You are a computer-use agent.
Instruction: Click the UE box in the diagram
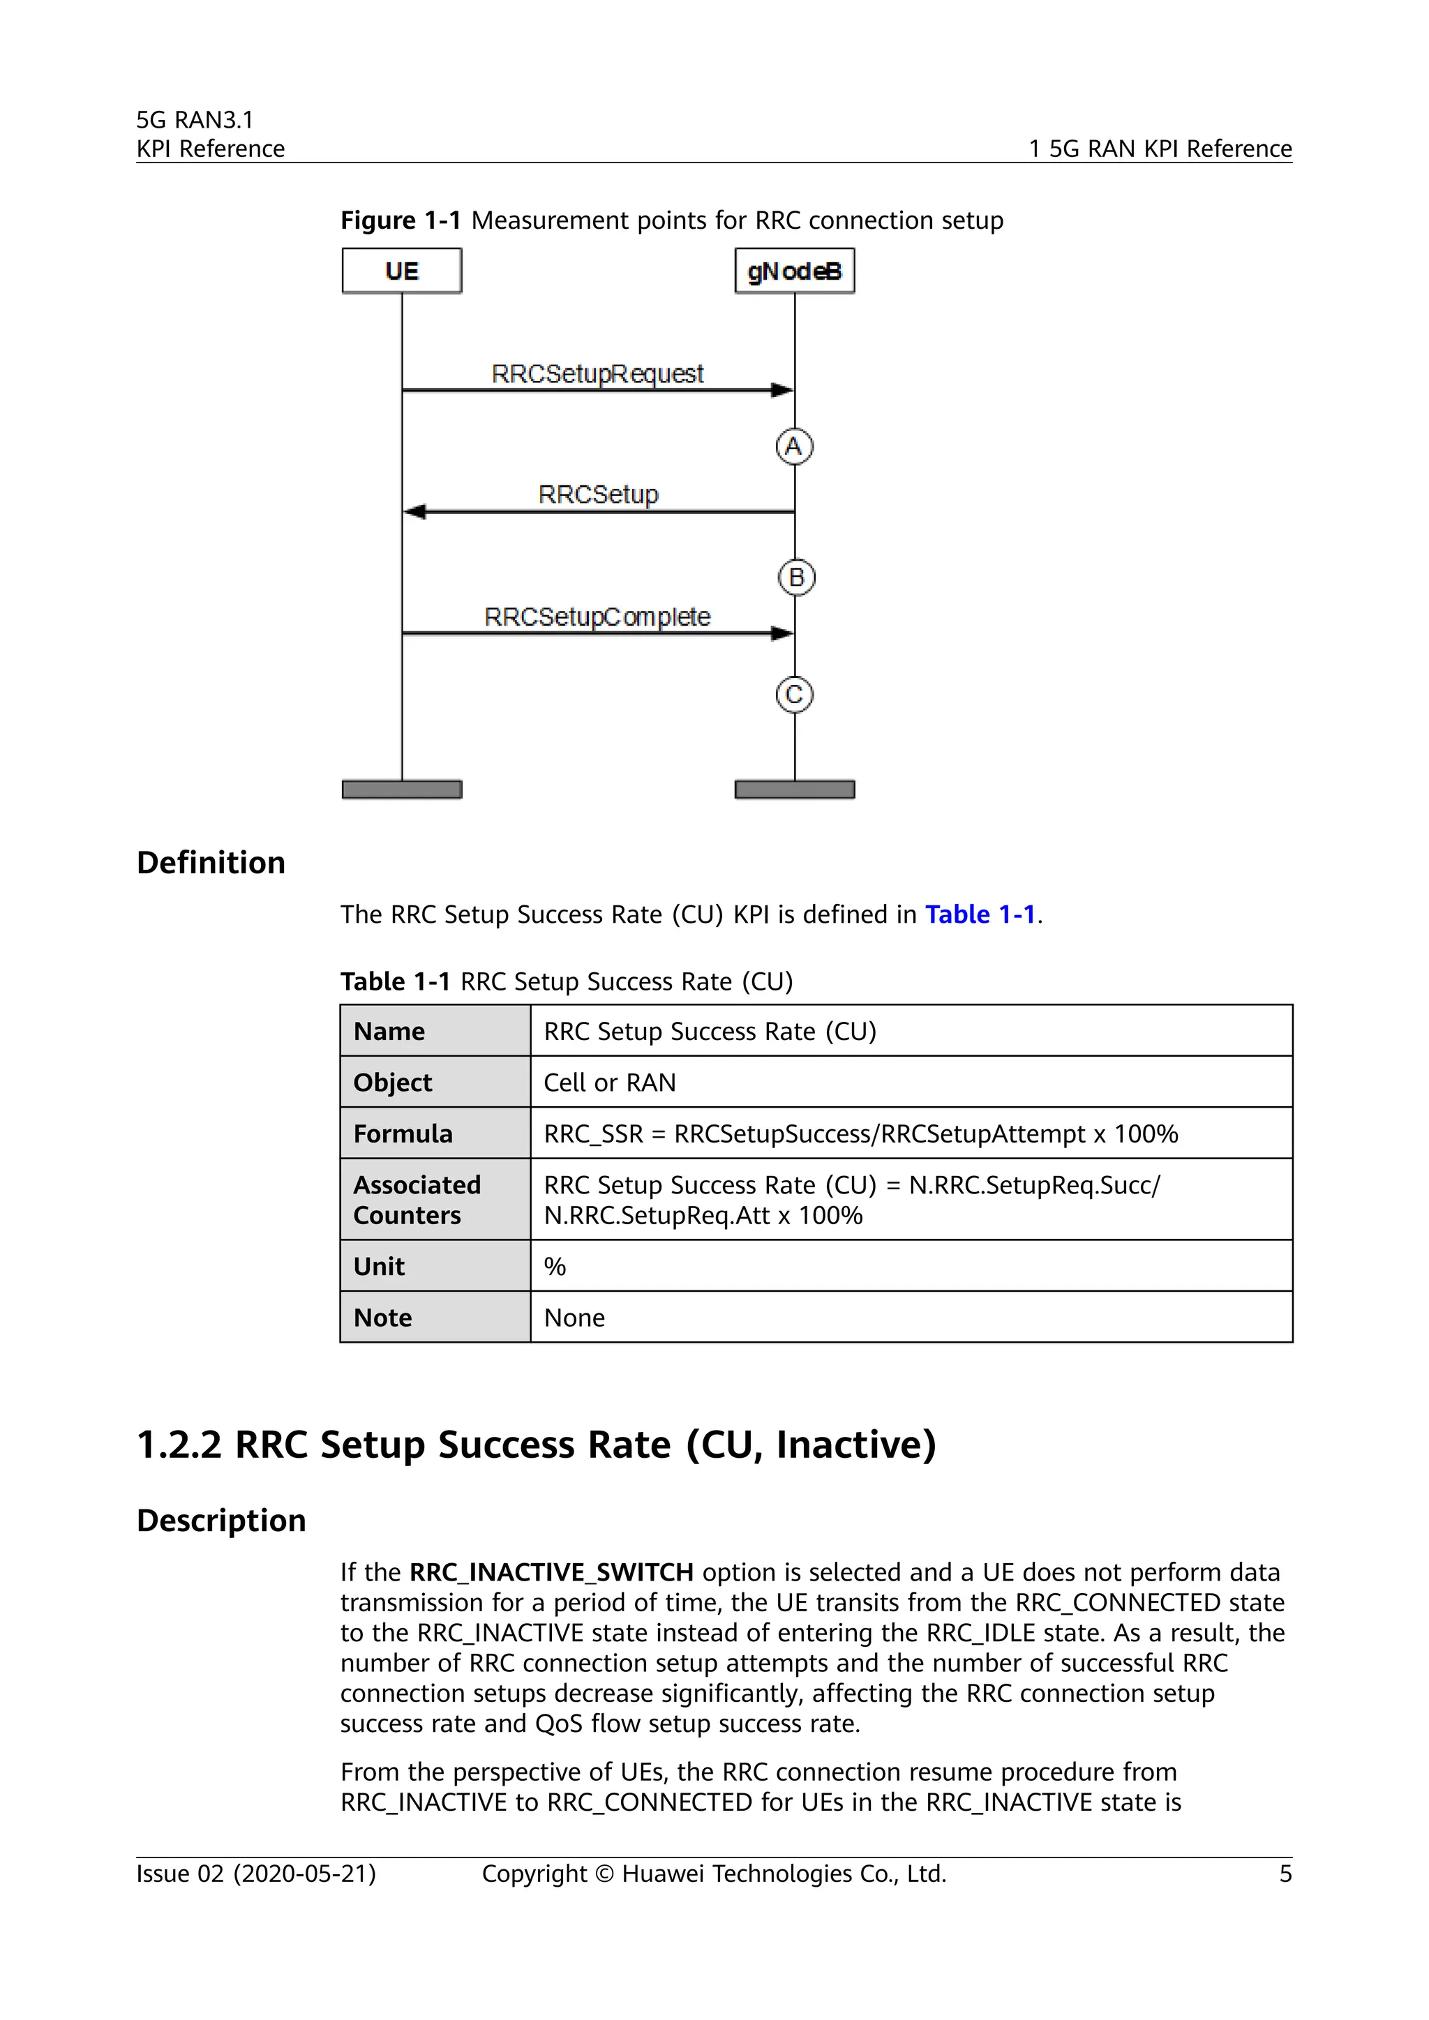click(x=401, y=270)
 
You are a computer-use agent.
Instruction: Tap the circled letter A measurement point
click(x=793, y=447)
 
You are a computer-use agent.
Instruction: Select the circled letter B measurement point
click(x=796, y=578)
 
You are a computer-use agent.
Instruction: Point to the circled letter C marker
click(x=793, y=695)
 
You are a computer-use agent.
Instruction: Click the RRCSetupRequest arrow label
click(x=597, y=374)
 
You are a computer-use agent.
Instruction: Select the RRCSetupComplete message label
click(x=597, y=617)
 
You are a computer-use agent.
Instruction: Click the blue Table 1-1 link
click(x=980, y=915)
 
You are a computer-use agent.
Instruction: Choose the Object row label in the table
click(x=392, y=1083)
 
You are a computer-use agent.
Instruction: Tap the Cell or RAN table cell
click(x=610, y=1083)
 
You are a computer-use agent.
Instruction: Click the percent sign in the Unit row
click(x=554, y=1267)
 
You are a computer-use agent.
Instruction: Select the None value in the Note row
click(x=574, y=1318)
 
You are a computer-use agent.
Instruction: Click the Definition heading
click(x=211, y=863)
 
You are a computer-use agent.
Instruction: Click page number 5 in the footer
click(x=1285, y=1874)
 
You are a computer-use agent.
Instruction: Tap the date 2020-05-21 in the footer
click(x=304, y=1874)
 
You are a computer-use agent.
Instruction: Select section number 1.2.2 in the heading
click(x=179, y=1445)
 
